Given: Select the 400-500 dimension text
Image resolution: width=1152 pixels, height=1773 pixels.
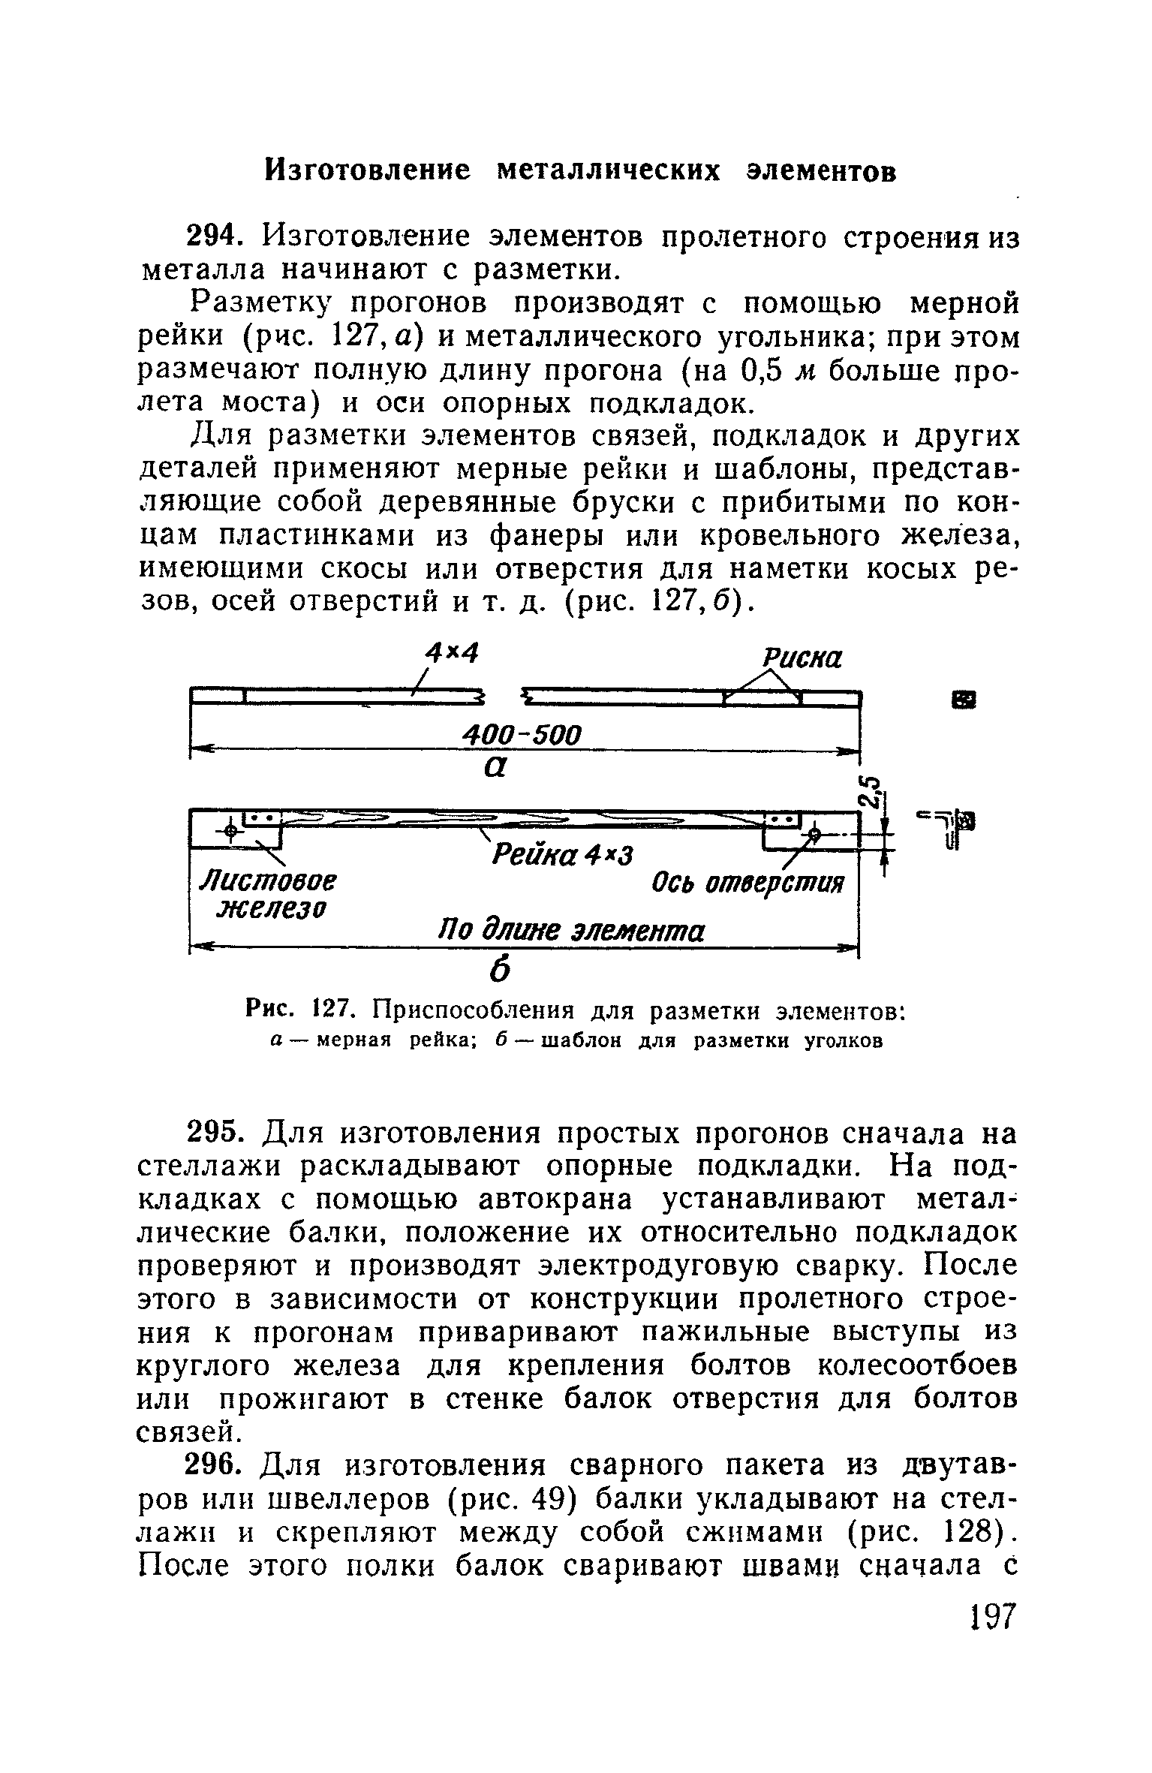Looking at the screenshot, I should pyautogui.click(x=522, y=734).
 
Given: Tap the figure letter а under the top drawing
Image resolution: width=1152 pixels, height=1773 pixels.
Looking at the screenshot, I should pyautogui.click(x=492, y=769).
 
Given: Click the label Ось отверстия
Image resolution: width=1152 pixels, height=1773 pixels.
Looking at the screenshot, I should pyautogui.click(x=747, y=883).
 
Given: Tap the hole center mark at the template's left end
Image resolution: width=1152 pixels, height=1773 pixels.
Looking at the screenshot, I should pyautogui.click(x=230, y=830).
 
